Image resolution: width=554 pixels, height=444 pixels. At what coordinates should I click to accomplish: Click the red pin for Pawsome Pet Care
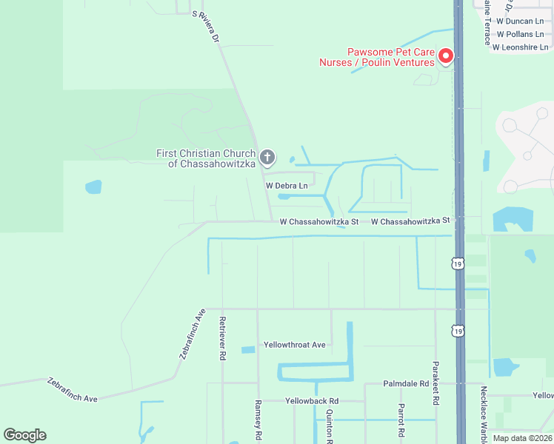coord(446,55)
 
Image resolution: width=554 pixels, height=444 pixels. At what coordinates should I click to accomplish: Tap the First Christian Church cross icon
coord(267,157)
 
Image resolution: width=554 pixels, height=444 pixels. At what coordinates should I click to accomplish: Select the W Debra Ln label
coord(286,186)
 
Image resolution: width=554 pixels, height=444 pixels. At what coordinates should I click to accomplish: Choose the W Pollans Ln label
coord(524,34)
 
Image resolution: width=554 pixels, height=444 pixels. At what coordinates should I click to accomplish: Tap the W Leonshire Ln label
coord(520,46)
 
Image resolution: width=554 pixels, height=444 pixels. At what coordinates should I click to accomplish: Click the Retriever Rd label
coord(221,338)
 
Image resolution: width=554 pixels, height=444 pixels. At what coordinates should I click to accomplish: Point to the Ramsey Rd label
coord(258,419)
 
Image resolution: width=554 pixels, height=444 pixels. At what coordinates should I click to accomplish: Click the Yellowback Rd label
coord(312,400)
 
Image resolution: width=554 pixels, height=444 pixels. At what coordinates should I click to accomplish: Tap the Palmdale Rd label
coord(406,384)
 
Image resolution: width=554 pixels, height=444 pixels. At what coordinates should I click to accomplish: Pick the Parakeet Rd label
coord(435,383)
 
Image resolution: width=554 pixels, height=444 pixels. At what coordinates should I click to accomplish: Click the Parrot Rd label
coord(401,420)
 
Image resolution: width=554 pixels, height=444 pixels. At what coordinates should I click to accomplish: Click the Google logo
coord(24,435)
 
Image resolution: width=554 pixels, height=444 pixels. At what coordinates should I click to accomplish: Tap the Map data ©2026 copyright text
coord(522,438)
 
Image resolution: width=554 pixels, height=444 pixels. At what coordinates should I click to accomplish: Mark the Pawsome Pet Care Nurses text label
coord(376,58)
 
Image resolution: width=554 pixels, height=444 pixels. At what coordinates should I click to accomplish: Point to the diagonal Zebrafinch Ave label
coord(191,334)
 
